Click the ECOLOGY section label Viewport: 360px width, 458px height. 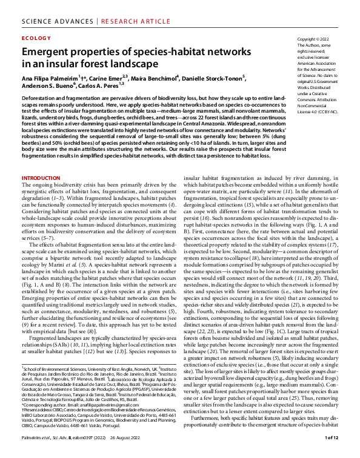36,38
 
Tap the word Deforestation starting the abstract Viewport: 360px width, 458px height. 41,97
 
